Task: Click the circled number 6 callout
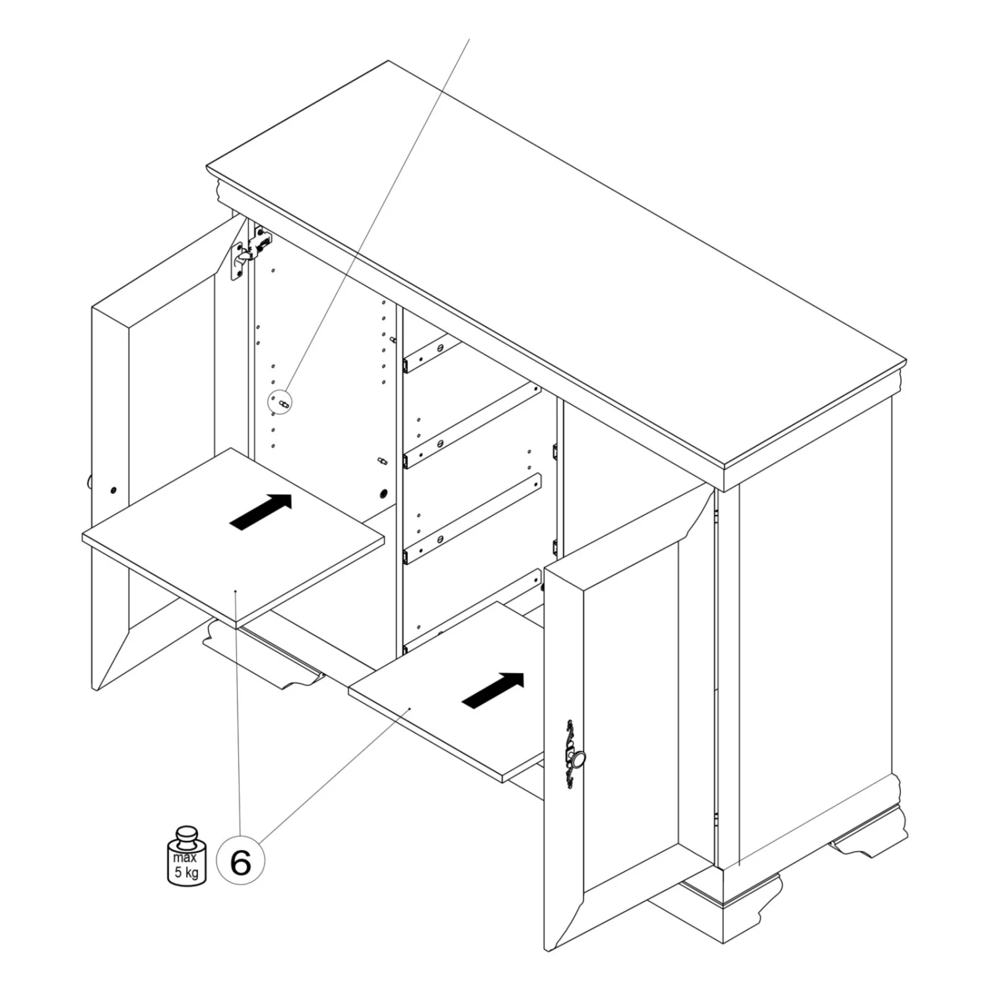pyautogui.click(x=241, y=861)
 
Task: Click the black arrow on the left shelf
pyautogui.click(x=261, y=511)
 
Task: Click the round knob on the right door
pyautogui.click(x=577, y=760)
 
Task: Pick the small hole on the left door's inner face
pyautogui.click(x=114, y=490)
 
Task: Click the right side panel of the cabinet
pyautogui.click(x=815, y=634)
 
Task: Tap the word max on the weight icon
pyautogui.click(x=185, y=858)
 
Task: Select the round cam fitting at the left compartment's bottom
pyautogui.click(x=383, y=494)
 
